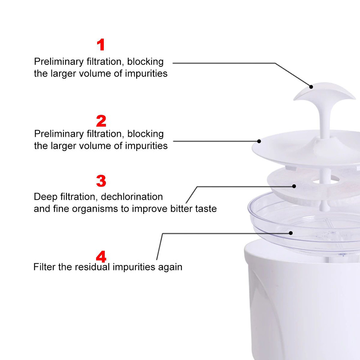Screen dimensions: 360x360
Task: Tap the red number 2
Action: click(101, 121)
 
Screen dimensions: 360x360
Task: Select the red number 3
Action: click(101, 181)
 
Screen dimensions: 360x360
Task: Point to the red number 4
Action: click(101, 256)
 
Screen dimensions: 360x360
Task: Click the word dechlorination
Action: click(132, 197)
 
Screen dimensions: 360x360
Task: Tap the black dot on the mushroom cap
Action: click(311, 87)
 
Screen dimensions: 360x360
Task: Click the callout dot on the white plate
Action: click(259, 141)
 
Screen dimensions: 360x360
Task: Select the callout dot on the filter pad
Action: click(294, 186)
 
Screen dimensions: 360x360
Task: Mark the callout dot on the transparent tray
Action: click(291, 233)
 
